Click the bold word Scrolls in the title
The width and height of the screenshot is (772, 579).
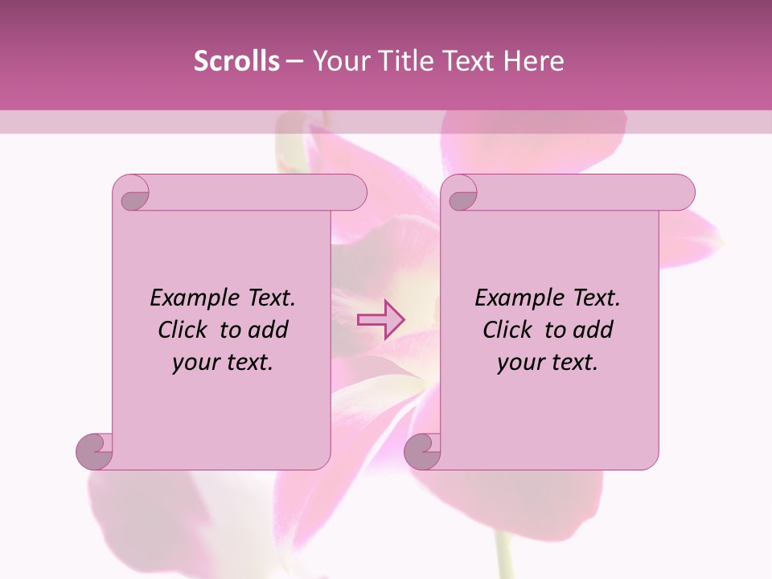(236, 61)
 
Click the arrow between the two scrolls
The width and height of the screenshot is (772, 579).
(380, 319)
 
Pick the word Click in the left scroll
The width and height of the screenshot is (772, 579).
(182, 330)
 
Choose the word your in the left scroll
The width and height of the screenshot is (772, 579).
(194, 363)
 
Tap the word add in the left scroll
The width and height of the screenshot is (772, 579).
(267, 330)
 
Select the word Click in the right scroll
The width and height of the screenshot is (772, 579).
(507, 330)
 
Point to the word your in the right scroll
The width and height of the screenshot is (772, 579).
(519, 363)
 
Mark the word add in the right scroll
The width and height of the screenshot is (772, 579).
(592, 330)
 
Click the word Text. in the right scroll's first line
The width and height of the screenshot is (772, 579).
(596, 298)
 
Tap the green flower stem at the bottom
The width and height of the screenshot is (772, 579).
(504, 559)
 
